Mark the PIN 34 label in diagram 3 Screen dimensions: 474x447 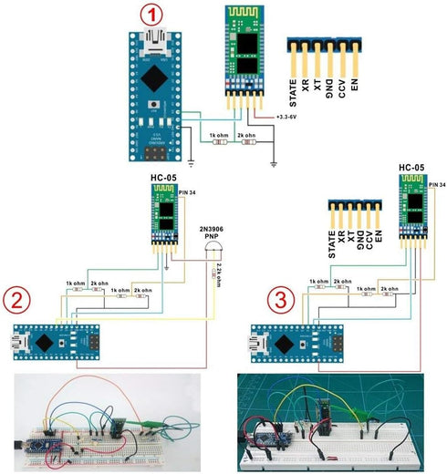coord(436,186)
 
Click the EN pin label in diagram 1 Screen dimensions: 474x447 coord(353,89)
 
